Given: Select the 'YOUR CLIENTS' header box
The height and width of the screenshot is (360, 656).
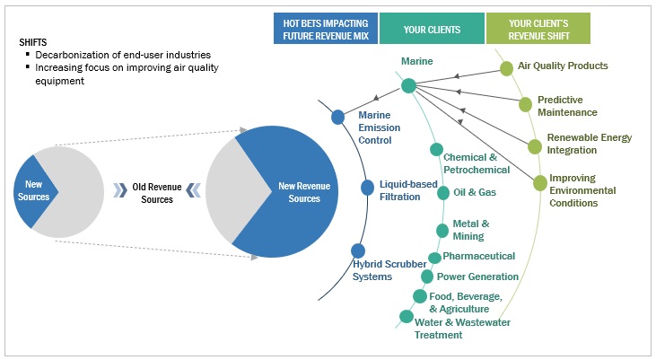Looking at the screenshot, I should (432, 29).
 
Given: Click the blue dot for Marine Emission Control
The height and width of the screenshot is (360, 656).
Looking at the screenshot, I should (338, 117).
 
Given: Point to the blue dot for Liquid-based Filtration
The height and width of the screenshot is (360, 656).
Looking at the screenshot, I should (367, 187).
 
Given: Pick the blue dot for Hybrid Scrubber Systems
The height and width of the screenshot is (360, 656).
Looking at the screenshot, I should (358, 251).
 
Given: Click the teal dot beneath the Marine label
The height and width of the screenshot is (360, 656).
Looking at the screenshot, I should (408, 86).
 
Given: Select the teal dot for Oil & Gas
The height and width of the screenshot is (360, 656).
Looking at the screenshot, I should (443, 192).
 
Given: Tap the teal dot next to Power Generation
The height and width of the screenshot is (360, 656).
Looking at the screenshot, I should (427, 277).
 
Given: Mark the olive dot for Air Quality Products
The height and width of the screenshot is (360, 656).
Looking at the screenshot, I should (507, 67).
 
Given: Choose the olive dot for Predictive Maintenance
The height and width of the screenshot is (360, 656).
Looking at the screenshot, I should (526, 104).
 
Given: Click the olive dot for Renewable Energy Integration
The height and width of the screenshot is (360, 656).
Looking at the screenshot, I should (535, 146).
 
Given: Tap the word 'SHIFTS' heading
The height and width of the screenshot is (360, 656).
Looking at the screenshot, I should (34, 42).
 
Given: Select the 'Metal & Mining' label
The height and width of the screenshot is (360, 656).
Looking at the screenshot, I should (470, 230).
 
